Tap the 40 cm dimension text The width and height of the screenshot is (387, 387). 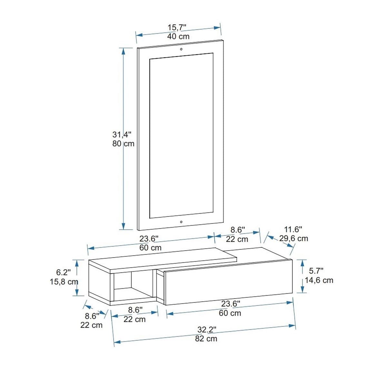[178, 36]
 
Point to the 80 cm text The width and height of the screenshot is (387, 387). [123, 144]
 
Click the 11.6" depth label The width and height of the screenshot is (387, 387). [293, 230]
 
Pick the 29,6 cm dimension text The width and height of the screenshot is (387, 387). [293, 239]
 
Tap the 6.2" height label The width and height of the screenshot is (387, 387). [64, 273]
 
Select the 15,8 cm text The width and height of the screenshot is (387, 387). [64, 282]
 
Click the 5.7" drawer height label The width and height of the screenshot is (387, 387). [316, 271]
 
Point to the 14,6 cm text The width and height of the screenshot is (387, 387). [319, 280]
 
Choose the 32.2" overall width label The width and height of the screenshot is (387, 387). [206, 329]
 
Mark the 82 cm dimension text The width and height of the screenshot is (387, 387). [206, 339]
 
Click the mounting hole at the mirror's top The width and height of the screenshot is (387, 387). [181, 49]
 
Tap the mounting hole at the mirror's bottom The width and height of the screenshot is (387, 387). [181, 222]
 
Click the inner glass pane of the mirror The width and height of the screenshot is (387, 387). [181, 135]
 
